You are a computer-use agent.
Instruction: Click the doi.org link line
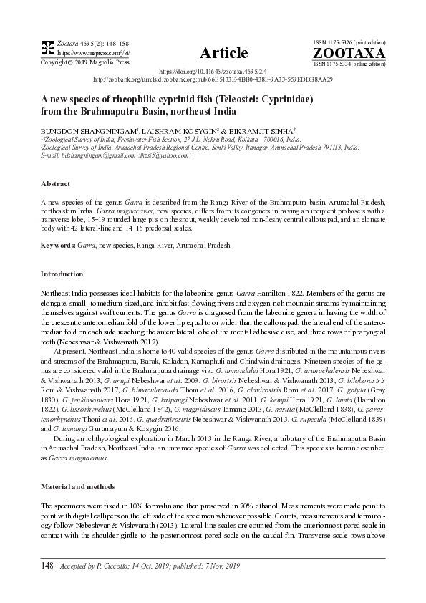[x=213, y=72]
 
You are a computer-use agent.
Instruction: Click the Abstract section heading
[x=55, y=183]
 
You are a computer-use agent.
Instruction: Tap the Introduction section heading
[x=62, y=274]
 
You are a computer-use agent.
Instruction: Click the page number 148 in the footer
[x=48, y=566]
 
